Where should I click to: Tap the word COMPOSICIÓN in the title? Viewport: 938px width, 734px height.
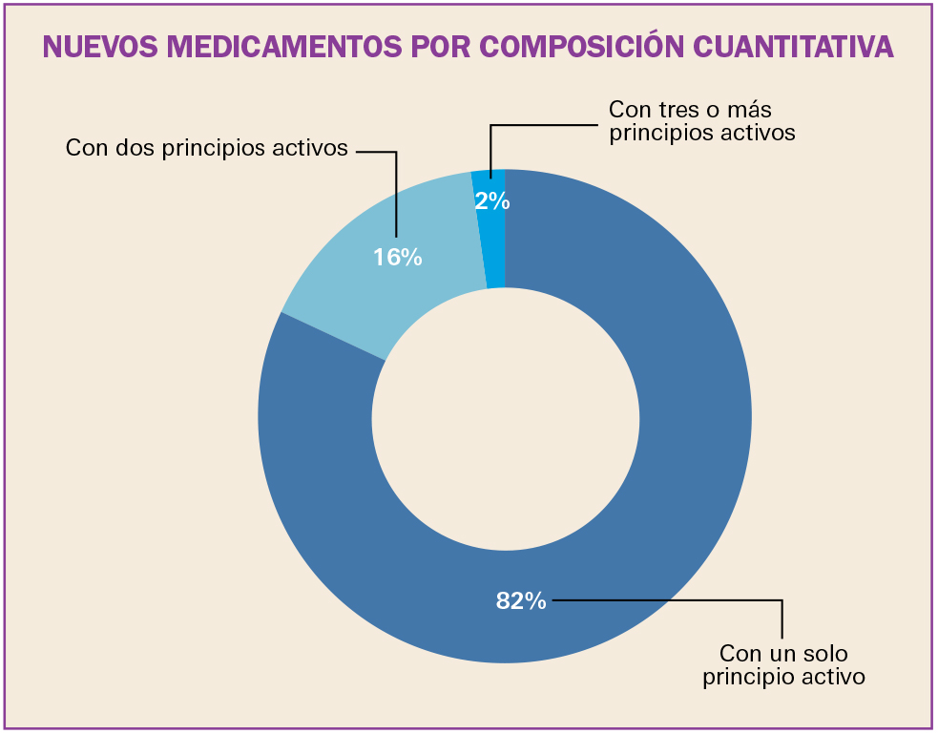click(x=573, y=47)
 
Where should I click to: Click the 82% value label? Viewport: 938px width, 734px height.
click(x=521, y=600)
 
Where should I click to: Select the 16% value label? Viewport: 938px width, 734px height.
click(x=398, y=257)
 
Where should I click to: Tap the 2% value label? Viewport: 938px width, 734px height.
click(x=492, y=201)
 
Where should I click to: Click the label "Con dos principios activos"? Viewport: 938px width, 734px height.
click(x=206, y=149)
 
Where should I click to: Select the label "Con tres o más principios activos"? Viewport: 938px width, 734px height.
click(x=701, y=121)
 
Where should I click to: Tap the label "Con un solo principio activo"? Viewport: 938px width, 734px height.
click(x=783, y=665)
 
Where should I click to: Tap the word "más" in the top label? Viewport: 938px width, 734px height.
click(x=750, y=110)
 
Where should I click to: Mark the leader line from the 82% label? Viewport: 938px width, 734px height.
click(x=668, y=600)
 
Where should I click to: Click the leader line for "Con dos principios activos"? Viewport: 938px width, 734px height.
click(x=395, y=191)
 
